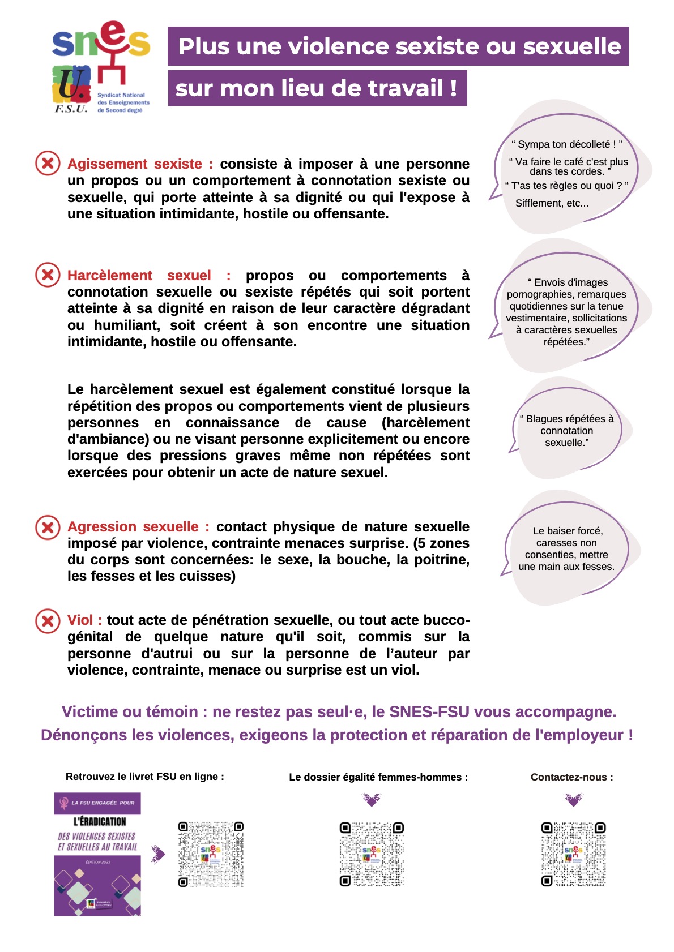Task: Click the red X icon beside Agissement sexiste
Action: click(x=48, y=164)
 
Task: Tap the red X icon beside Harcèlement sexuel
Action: click(x=48, y=275)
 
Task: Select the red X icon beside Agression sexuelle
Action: click(x=48, y=527)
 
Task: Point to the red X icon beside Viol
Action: click(x=48, y=621)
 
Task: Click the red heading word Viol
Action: click(x=80, y=620)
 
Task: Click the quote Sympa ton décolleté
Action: click(x=566, y=144)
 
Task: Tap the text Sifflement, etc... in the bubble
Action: click(x=552, y=203)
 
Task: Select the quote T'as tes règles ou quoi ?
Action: click(x=566, y=186)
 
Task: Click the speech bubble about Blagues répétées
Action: click(x=566, y=431)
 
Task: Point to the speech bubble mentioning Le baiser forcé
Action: click(x=566, y=548)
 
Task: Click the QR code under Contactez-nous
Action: click(x=573, y=854)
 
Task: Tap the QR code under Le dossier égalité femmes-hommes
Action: click(x=372, y=854)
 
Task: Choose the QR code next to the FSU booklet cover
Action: click(x=211, y=854)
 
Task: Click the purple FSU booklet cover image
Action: click(x=97, y=854)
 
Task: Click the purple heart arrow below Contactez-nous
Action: click(x=573, y=799)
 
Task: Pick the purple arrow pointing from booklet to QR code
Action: click(x=159, y=854)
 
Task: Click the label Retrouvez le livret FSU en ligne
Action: click(x=144, y=777)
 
